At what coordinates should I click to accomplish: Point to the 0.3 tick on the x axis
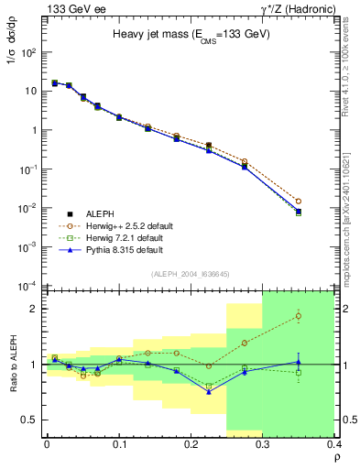click(x=264, y=444)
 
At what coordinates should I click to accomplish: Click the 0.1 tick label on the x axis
click(x=119, y=444)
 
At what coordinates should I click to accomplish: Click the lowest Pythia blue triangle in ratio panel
click(x=209, y=392)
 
